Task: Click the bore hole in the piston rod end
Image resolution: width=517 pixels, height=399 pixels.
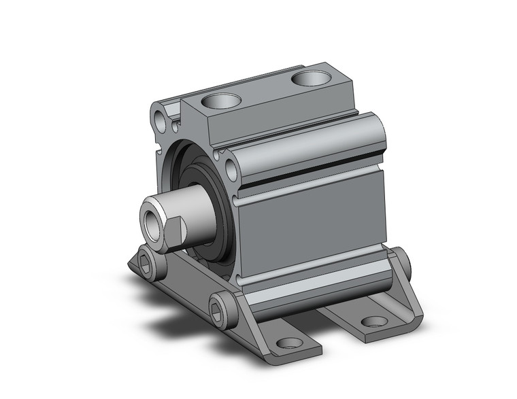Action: tap(150, 220)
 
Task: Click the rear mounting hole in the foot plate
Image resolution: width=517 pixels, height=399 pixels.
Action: tap(373, 320)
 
